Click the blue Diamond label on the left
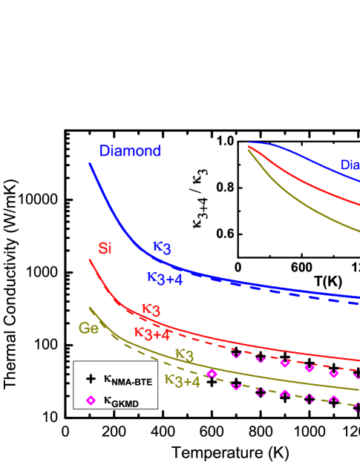click(x=131, y=151)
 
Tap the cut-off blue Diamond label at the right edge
click(x=350, y=165)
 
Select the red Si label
click(x=105, y=248)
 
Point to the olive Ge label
click(x=88, y=328)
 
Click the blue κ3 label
click(x=161, y=248)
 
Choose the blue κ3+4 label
click(x=165, y=278)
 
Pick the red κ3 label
click(x=151, y=310)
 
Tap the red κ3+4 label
click(x=152, y=333)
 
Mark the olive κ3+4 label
click(x=182, y=380)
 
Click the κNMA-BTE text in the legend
click(x=128, y=380)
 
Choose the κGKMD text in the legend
click(x=121, y=401)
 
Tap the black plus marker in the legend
click(x=91, y=379)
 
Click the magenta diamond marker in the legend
click(x=91, y=400)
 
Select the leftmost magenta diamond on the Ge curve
click(x=212, y=374)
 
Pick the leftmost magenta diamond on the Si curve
click(x=236, y=353)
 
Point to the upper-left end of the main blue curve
click(x=90, y=164)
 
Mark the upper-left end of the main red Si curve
click(x=90, y=260)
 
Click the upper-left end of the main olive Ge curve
click(x=90, y=308)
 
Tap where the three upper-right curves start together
click(x=248, y=145)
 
